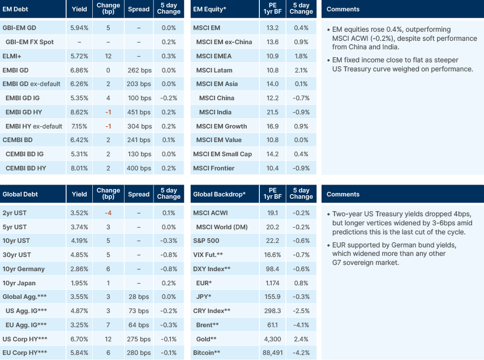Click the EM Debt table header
[x=16, y=10]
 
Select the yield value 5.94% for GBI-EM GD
[x=79, y=28]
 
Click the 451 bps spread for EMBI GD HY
[x=139, y=112]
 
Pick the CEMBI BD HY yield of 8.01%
[x=79, y=168]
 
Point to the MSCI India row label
[x=216, y=112]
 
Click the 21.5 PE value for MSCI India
[x=272, y=112]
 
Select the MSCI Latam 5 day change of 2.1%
[x=301, y=70]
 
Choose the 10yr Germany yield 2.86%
[x=79, y=269]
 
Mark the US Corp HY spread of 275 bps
[x=139, y=338]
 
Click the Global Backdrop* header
[x=219, y=194]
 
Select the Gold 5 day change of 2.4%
[x=301, y=338]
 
